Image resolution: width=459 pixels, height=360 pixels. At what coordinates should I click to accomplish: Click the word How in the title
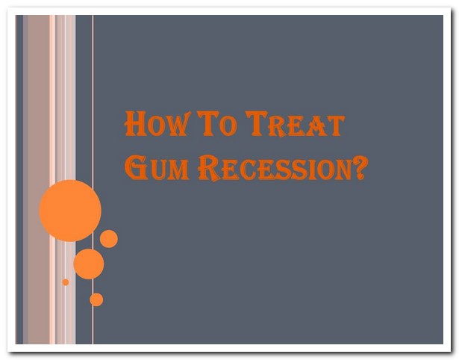coord(156,123)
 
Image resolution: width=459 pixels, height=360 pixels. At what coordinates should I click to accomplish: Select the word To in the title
coord(216,123)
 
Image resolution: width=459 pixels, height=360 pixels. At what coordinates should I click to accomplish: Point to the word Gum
coord(157,167)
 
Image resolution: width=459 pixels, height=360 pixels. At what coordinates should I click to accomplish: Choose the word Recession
coord(275,168)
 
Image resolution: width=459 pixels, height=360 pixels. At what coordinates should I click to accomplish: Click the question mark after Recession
coord(360,167)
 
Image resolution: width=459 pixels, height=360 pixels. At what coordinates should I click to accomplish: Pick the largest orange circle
coord(70,211)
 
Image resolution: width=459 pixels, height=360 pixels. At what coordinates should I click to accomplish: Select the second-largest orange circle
coord(89,264)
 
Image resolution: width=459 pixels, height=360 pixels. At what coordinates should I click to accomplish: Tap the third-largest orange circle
coord(109,239)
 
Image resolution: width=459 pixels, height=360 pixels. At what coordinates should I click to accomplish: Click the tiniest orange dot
coord(66,282)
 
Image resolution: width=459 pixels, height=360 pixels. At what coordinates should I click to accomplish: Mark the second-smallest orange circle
coord(96,300)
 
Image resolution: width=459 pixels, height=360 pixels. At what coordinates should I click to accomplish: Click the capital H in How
coord(135,123)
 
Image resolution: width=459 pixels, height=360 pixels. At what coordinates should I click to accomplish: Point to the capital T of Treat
coord(257,123)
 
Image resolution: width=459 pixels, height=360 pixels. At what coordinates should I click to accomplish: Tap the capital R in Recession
coord(209,168)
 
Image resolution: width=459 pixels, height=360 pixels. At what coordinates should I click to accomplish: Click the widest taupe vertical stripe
coord(39,179)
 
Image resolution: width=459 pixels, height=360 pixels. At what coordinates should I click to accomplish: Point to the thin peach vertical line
coord(93,179)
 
